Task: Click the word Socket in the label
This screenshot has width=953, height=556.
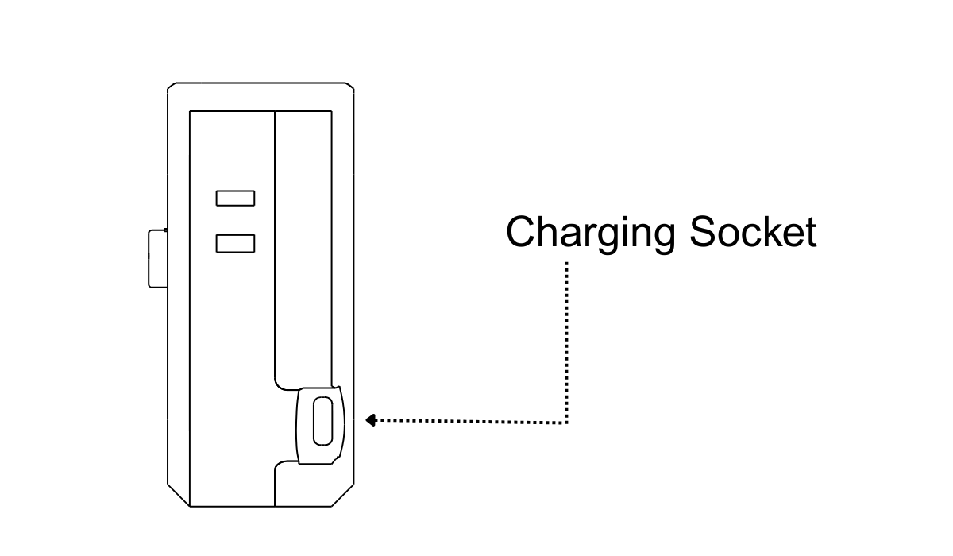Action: [x=753, y=232]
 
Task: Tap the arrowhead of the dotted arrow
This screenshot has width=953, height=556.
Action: [x=369, y=420]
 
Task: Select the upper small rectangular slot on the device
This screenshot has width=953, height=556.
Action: [x=235, y=198]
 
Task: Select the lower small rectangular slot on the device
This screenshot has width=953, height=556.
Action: [x=235, y=243]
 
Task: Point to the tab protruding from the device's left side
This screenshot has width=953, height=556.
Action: [x=156, y=258]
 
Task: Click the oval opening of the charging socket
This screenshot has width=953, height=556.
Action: [x=323, y=421]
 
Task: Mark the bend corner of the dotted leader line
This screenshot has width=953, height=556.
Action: [x=567, y=422]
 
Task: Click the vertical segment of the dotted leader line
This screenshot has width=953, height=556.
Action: [x=567, y=342]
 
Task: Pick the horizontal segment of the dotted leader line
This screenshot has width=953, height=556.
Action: [x=469, y=421]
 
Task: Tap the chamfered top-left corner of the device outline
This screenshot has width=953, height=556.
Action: [x=172, y=87]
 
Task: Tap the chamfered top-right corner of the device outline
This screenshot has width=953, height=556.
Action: [x=349, y=87]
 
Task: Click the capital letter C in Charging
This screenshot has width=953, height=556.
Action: [x=522, y=232]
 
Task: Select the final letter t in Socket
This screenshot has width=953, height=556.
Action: [x=810, y=232]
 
